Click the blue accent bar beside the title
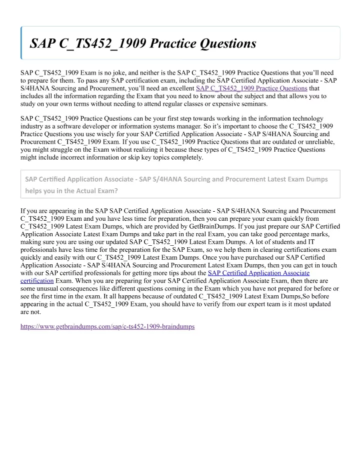click(x=21, y=43)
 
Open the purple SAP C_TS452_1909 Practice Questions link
click(x=251, y=88)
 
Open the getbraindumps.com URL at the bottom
click(x=107, y=326)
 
